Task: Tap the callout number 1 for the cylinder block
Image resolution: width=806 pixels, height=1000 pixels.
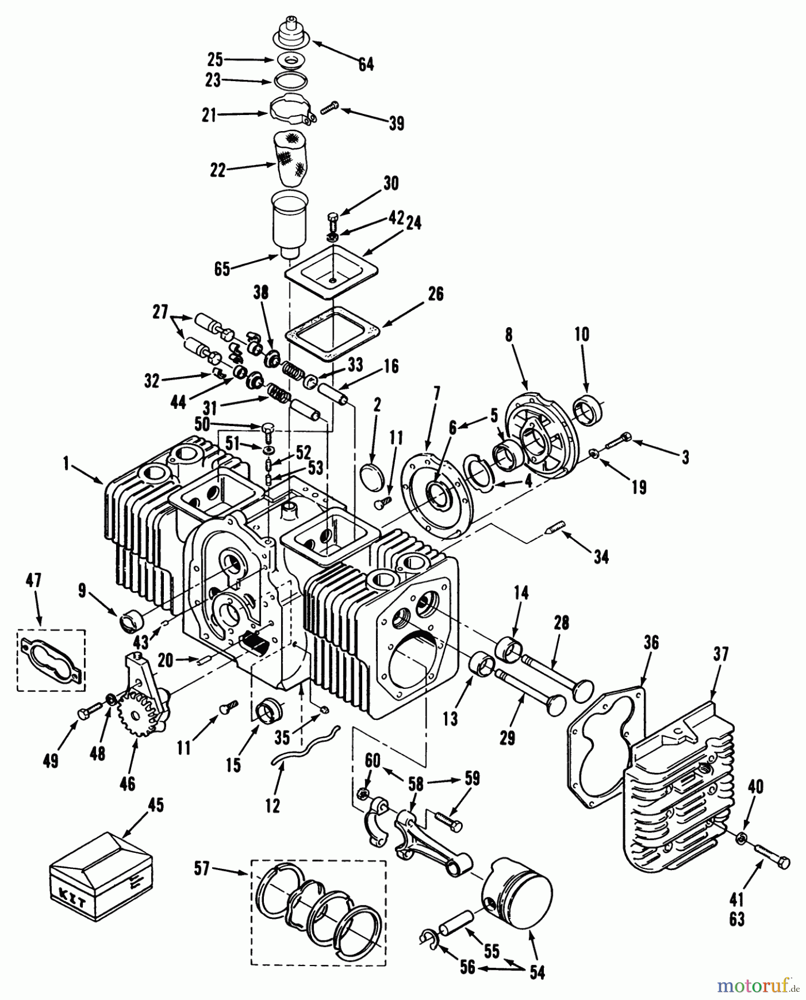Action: (x=67, y=464)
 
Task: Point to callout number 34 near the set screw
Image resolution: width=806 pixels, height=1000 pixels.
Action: (x=600, y=556)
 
